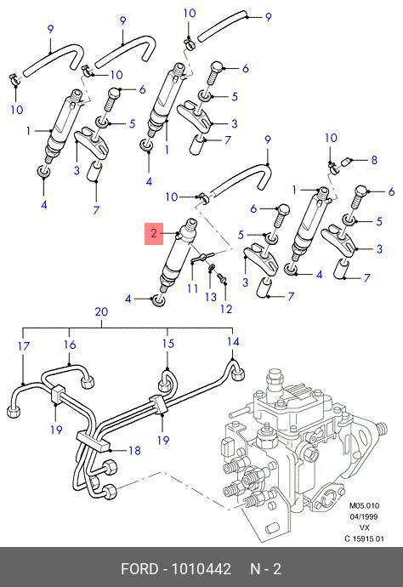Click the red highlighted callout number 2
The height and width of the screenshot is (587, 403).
(154, 234)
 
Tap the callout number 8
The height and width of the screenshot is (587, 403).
(374, 160)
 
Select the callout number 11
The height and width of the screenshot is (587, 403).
(192, 288)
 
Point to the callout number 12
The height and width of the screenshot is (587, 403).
(226, 309)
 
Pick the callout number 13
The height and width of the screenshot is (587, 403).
(211, 297)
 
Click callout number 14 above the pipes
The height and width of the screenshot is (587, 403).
(233, 341)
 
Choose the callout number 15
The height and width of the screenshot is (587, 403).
(168, 344)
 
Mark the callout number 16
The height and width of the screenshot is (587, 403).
(70, 345)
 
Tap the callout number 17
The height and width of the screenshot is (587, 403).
(23, 346)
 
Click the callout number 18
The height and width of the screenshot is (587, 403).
(134, 450)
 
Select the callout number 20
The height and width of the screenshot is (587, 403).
(101, 312)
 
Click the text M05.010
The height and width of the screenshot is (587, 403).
(364, 506)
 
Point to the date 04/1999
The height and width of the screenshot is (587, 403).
(364, 516)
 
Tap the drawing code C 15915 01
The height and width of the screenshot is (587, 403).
(364, 539)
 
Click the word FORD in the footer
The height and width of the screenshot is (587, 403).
(139, 569)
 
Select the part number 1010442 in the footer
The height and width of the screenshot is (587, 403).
(201, 569)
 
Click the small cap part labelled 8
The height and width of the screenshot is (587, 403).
(346, 162)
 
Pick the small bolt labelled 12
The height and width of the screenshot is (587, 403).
(222, 277)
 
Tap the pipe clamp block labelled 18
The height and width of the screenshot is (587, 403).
(94, 440)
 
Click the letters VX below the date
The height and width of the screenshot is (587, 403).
(364, 527)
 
